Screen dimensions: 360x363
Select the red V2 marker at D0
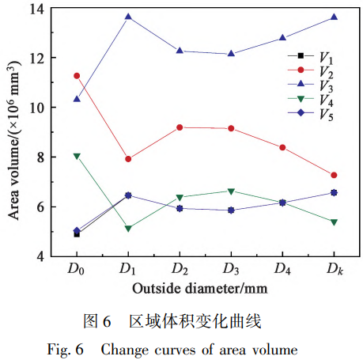coord(77,76)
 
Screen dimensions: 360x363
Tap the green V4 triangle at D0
coord(77,157)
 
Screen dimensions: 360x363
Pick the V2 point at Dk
coord(334,175)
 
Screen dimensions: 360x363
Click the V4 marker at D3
coord(231,191)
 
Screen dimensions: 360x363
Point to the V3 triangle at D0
coord(77,99)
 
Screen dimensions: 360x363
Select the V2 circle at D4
coord(282,147)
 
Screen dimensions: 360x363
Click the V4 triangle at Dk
coord(334,222)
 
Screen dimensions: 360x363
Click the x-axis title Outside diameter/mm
coord(205,289)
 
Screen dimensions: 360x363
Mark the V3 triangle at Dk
coord(334,17)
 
